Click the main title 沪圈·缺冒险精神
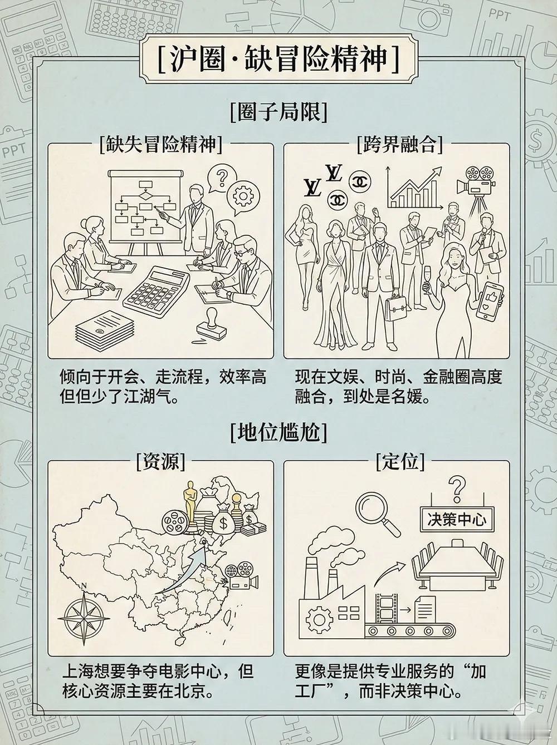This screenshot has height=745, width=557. pyautogui.click(x=278, y=59)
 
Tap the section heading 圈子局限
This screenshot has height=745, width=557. pyautogui.click(x=278, y=113)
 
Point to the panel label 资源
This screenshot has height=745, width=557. pyautogui.click(x=160, y=461)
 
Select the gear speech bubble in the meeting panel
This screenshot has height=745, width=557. pyautogui.click(x=244, y=196)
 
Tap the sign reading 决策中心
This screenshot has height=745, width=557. pyautogui.click(x=457, y=519)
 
